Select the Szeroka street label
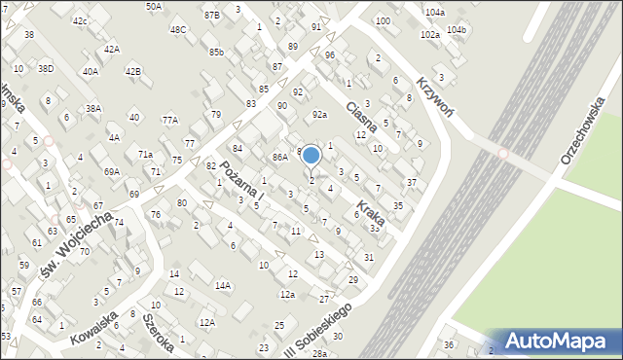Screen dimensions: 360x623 click(x=157, y=332)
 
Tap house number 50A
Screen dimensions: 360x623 click(x=154, y=7)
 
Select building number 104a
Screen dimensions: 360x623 click(x=435, y=12)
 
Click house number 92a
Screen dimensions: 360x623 click(x=319, y=115)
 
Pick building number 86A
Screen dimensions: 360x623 click(x=280, y=157)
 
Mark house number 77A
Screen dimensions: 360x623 click(x=170, y=121)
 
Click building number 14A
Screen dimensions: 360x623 click(x=223, y=285)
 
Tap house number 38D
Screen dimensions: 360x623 click(x=46, y=69)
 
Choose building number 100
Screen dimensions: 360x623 click(x=383, y=20)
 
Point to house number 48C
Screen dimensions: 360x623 click(x=178, y=30)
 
